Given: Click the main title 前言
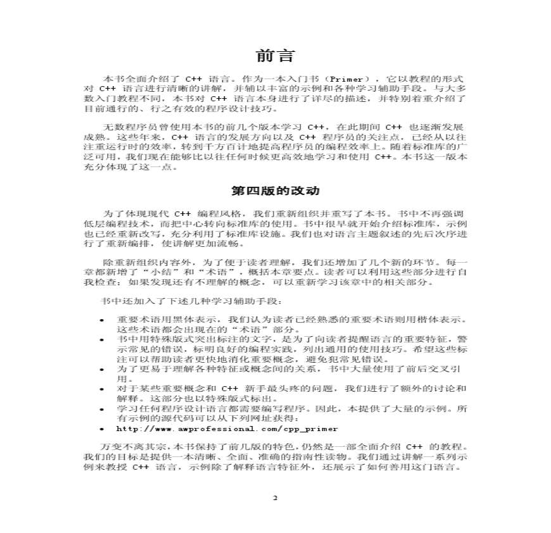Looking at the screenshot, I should pos(275,55).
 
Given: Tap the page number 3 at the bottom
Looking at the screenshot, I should pos(275,498).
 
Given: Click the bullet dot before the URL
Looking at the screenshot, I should pos(102,429).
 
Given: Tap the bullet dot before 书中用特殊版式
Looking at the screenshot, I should pos(102,339).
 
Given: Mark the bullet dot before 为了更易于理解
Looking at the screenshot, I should pos(102,368).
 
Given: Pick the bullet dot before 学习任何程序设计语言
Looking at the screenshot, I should pos(102,409).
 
